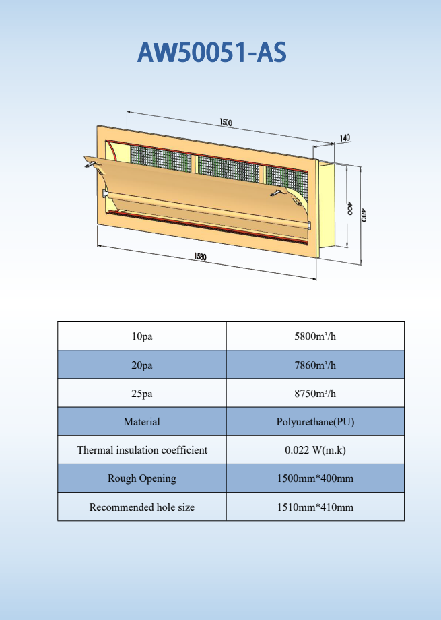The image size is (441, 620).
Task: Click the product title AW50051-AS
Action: click(212, 52)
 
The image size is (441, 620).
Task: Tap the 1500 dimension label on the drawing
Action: click(226, 123)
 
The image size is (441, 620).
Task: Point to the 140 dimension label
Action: click(344, 138)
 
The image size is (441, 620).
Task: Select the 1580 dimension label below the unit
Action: click(201, 257)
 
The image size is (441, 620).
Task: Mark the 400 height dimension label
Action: click(349, 208)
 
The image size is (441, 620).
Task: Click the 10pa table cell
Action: click(142, 336)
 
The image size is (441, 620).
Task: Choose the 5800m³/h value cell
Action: click(315, 336)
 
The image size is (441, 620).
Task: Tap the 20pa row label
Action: click(142, 365)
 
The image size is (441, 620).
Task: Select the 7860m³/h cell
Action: click(315, 365)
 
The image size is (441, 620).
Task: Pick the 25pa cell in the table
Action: click(142, 394)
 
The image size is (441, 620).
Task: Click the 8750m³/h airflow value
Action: click(315, 394)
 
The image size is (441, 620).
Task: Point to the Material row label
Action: click(142, 422)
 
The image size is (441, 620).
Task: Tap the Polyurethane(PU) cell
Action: click(315, 422)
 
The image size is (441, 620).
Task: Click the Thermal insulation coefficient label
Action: click(142, 450)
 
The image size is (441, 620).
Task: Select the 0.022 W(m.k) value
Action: click(315, 450)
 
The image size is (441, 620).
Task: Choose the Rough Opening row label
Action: click(142, 478)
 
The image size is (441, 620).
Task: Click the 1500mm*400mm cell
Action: click(315, 478)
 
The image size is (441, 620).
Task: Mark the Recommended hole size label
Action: click(142, 507)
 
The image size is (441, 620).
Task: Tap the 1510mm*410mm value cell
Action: click(315, 507)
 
